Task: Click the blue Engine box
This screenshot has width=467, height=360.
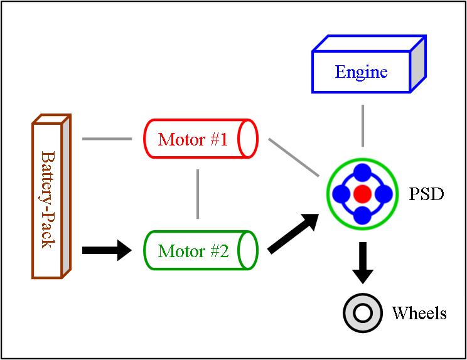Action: point(362,72)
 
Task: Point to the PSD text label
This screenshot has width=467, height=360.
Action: point(426,194)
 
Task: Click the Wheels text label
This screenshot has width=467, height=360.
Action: point(419,313)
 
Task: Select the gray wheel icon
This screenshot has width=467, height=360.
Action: point(363,312)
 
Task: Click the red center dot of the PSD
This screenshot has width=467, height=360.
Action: point(362,194)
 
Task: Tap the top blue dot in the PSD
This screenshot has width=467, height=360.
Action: point(362,173)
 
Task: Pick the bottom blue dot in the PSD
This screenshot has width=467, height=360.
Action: point(362,214)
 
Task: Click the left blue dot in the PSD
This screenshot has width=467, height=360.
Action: point(341,194)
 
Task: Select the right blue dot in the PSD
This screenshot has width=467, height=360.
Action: point(383,194)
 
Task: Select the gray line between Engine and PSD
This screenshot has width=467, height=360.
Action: point(362,125)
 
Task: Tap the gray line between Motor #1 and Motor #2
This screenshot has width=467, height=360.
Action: point(198,194)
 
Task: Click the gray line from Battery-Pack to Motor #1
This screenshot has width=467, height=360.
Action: point(107,139)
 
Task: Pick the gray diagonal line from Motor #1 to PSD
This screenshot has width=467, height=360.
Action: point(293,157)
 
